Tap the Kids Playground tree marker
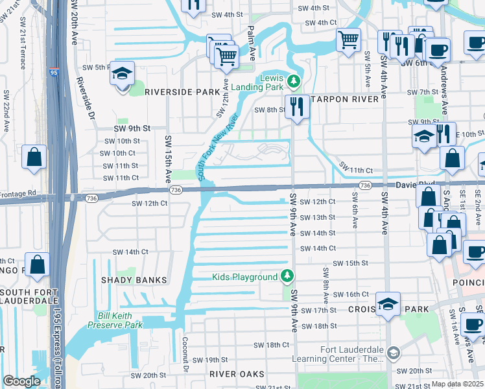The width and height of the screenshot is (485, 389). [x=287, y=277]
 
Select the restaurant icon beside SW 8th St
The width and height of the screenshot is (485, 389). [x=297, y=106]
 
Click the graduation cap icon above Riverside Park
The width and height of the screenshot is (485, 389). [x=121, y=74]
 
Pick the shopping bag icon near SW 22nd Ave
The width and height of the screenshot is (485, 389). [x=34, y=157]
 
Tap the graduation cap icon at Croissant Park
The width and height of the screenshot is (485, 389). [x=388, y=304]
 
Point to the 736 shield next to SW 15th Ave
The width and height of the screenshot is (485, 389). [x=175, y=189]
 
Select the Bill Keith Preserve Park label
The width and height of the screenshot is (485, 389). [x=119, y=320]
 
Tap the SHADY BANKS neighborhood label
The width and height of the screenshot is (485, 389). [x=134, y=280]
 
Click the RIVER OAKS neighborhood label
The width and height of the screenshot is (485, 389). [x=237, y=374]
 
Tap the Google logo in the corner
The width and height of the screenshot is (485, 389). [x=21, y=381]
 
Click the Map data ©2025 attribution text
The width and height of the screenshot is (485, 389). [x=458, y=384]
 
